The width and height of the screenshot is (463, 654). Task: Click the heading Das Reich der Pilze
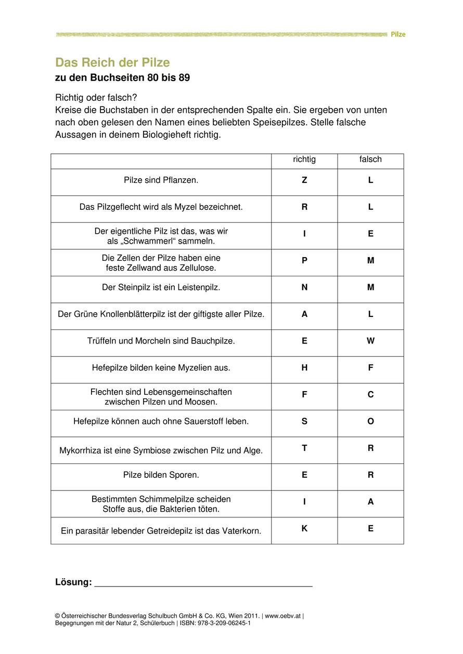tap(112, 63)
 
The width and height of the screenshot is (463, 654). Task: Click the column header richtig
tap(304, 159)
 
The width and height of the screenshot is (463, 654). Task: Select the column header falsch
tap(370, 159)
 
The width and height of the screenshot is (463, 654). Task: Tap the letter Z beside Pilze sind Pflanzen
tap(304, 180)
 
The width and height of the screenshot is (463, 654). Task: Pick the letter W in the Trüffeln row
tap(370, 341)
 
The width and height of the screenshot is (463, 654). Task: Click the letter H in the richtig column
tap(304, 368)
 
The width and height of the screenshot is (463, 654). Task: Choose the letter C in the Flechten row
tap(370, 394)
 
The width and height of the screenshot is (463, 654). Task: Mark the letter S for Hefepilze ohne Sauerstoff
tap(304, 421)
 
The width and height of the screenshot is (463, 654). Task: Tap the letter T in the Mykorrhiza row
tap(304, 448)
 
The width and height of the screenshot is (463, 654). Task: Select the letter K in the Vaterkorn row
tap(304, 528)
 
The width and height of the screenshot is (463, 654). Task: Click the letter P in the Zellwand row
tap(304, 260)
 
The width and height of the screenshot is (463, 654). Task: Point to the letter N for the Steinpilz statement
tap(304, 287)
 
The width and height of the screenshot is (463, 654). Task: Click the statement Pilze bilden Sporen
tap(161, 475)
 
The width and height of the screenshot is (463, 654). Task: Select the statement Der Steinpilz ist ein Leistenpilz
tap(161, 287)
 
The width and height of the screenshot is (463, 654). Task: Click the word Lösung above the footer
tap(73, 582)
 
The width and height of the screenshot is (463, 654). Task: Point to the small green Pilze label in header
tap(398, 34)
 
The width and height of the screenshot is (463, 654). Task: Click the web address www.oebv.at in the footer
tap(283, 616)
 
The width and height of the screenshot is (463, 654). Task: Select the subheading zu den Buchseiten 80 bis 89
tap(122, 78)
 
